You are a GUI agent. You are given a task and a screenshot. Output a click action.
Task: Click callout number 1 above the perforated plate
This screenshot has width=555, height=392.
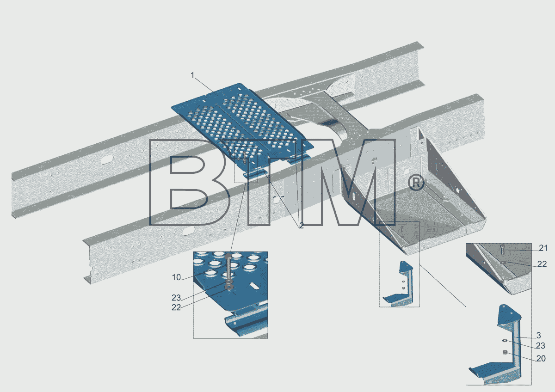pyautogui.click(x=192, y=75)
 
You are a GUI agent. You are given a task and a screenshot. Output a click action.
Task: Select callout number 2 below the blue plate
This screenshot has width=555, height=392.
pyautogui.click(x=301, y=226)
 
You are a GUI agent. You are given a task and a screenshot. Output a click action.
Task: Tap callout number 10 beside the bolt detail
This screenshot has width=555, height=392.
pyautogui.click(x=176, y=277)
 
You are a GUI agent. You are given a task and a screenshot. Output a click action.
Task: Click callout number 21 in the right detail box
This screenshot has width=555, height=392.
pyautogui.click(x=543, y=248)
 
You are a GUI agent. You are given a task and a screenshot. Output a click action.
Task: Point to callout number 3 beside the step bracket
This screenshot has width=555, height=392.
pyautogui.click(x=538, y=335)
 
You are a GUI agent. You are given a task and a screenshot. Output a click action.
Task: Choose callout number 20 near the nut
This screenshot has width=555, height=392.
pyautogui.click(x=541, y=358)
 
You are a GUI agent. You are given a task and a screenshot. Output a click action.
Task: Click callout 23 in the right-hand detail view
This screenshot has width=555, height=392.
pyautogui.click(x=541, y=345)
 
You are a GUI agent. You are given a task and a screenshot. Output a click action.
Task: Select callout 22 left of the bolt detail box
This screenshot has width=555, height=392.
pyautogui.click(x=176, y=307)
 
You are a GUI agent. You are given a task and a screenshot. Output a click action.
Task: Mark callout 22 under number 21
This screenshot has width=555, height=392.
pyautogui.click(x=542, y=264)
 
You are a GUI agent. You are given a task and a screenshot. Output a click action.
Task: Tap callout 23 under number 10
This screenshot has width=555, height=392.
pyautogui.click(x=176, y=297)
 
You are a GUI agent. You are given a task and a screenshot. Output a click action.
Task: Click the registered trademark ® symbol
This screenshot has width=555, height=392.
pyautogui.click(x=416, y=183)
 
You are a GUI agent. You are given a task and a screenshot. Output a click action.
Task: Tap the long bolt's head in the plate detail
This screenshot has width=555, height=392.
pyautogui.click(x=228, y=256)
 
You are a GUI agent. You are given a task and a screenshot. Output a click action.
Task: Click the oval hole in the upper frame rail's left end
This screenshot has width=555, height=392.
pyautogui.click(x=107, y=159)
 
